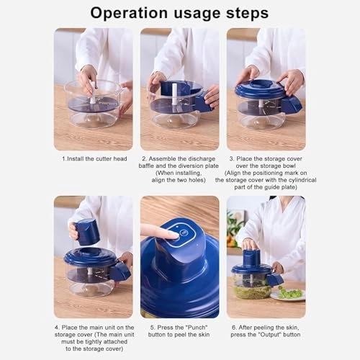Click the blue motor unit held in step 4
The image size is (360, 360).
click(87, 232)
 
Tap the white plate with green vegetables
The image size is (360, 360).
click(289, 294)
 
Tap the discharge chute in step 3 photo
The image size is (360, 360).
click(291, 105)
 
